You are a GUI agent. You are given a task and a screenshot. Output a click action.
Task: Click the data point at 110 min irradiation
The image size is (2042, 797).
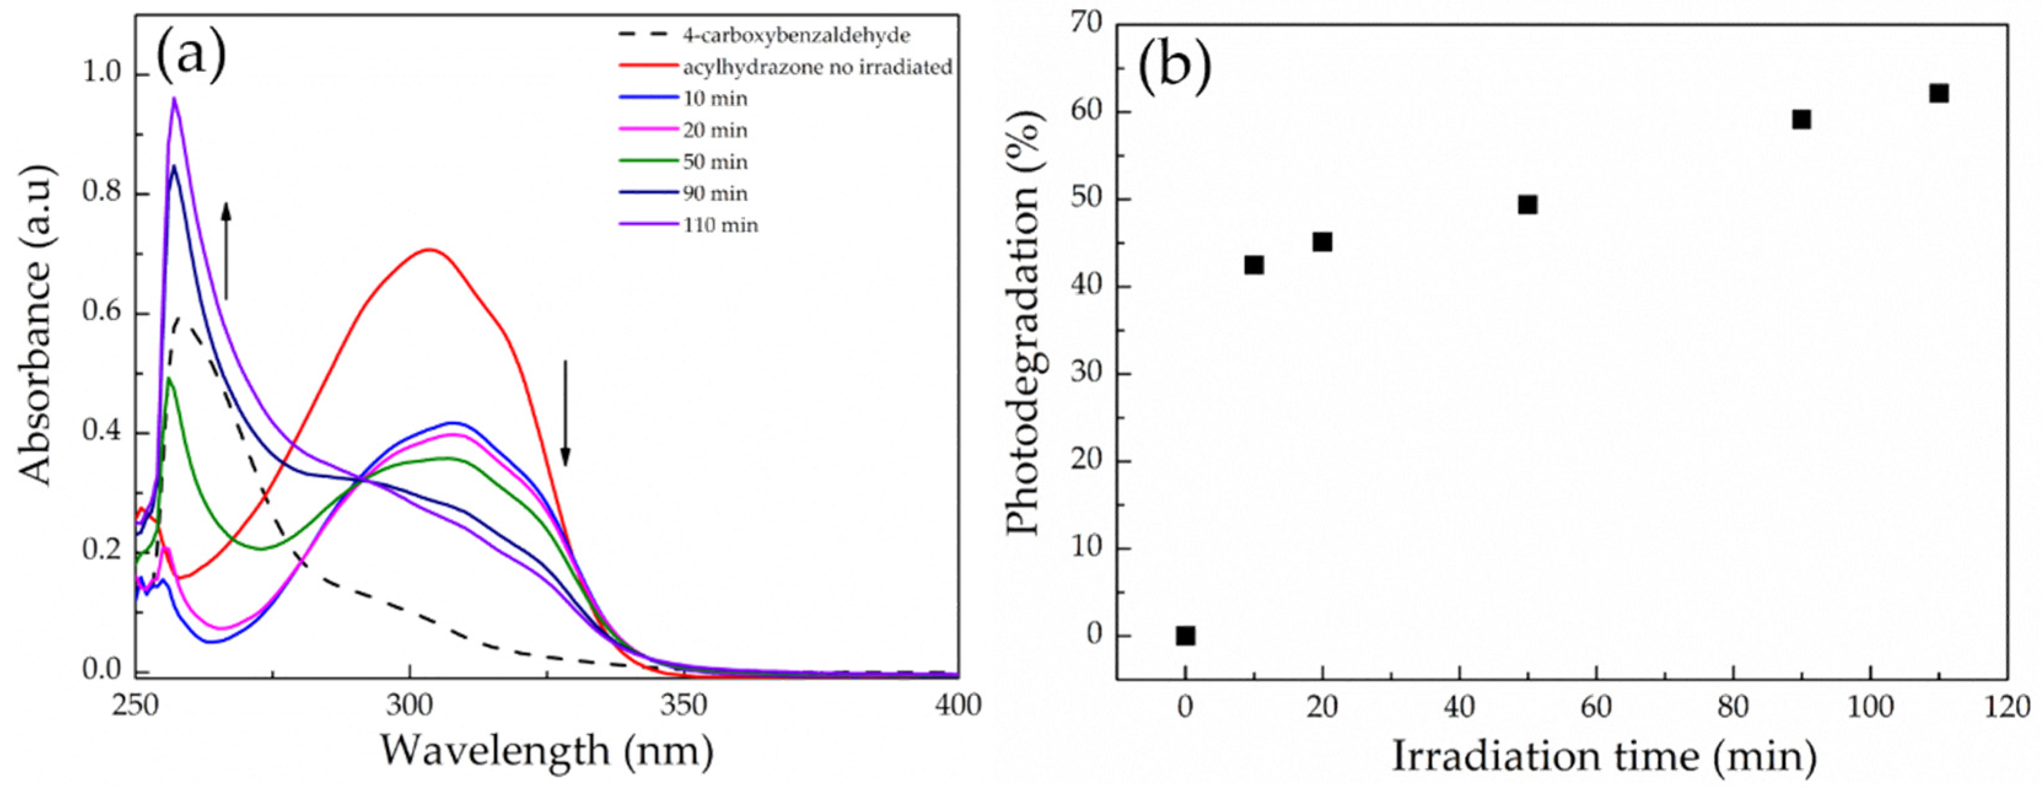(1939, 93)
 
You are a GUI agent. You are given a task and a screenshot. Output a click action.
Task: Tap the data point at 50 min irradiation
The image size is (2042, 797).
(1528, 204)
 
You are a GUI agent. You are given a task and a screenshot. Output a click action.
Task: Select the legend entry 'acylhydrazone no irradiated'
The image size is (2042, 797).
(817, 68)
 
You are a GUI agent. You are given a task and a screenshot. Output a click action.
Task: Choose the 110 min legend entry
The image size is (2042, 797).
(720, 225)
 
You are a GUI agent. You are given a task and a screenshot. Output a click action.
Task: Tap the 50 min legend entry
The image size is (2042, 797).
(715, 161)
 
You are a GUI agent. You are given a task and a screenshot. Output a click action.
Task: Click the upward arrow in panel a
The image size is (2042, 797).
(227, 250)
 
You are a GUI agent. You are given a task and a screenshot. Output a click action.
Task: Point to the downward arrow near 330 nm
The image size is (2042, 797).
(565, 413)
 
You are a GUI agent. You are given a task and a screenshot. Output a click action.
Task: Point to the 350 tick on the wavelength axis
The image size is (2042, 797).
(684, 705)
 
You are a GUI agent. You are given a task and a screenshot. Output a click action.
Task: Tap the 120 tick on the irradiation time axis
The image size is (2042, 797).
(2007, 705)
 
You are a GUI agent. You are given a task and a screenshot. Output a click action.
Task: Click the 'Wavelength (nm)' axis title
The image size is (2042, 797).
(547, 750)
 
